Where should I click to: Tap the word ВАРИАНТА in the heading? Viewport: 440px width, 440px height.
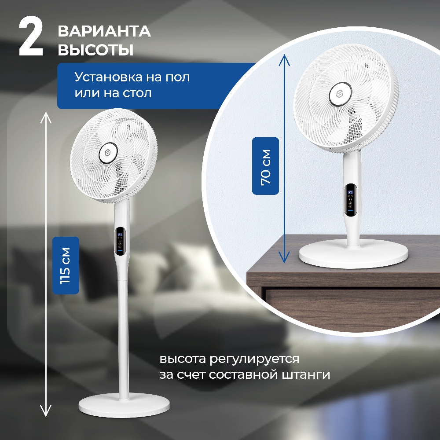[104, 32]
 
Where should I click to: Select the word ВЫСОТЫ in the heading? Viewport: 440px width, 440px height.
[95, 50]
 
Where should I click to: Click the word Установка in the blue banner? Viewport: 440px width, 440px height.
[107, 77]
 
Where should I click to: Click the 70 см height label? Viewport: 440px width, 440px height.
[265, 165]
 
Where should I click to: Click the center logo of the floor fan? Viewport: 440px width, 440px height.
[108, 153]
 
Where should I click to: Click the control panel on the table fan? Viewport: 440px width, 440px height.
[351, 199]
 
